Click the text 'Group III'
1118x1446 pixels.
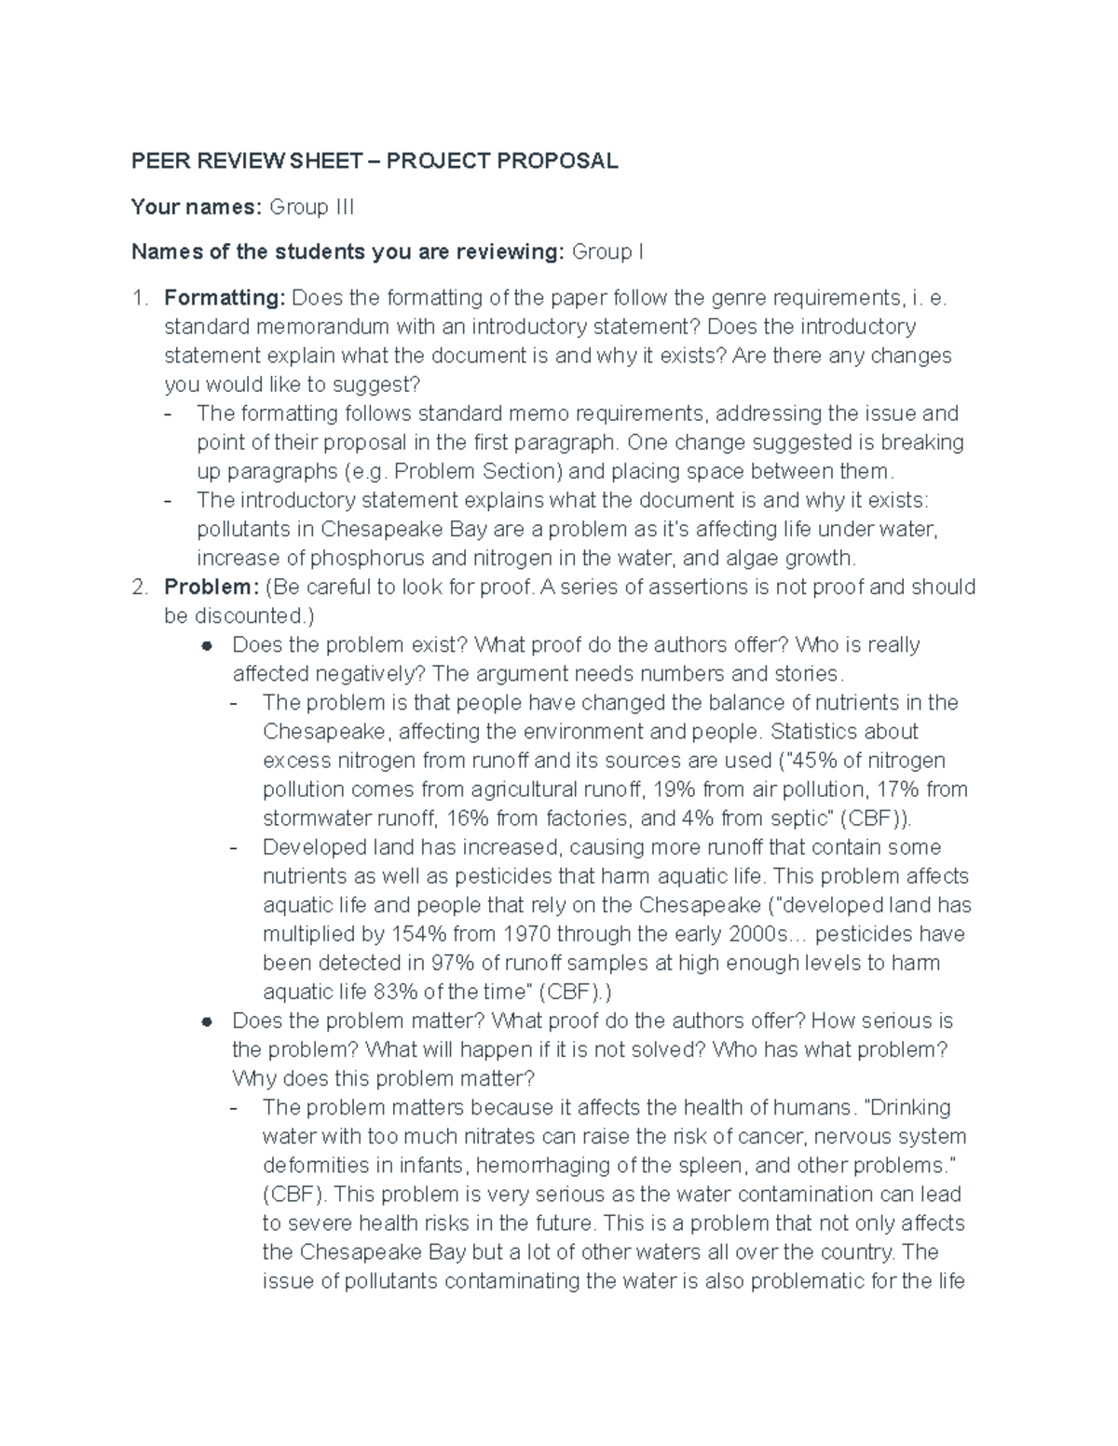click(x=311, y=207)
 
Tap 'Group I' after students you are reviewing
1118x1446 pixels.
click(x=607, y=251)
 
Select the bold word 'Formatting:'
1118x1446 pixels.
click(x=225, y=298)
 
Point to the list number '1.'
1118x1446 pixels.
click(x=139, y=298)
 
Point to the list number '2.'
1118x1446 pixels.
click(x=139, y=588)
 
